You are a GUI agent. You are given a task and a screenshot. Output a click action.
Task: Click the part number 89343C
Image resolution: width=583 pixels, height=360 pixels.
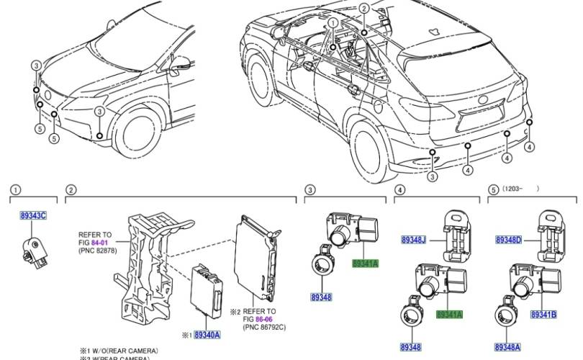[33, 215]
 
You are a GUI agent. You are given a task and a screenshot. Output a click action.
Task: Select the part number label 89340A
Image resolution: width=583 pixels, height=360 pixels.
[206, 335]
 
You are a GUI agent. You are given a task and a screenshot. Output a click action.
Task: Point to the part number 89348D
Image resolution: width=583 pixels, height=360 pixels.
[510, 239]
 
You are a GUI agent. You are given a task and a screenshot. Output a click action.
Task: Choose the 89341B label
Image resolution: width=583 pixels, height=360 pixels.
[543, 314]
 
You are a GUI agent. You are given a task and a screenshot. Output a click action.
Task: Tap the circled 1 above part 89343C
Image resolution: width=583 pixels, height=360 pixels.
[15, 190]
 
